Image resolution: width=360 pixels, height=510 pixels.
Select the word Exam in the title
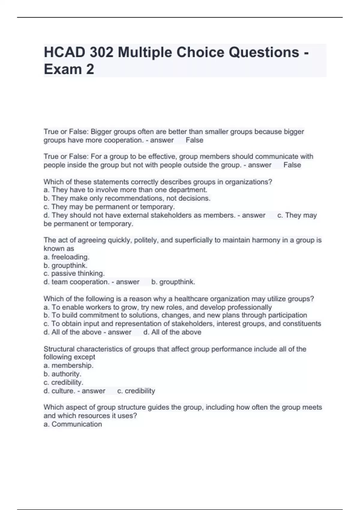(63, 69)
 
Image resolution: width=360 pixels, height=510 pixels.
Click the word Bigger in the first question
(101, 132)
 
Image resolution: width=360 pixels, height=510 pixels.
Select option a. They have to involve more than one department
(125, 190)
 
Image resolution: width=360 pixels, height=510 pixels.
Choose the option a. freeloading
(67, 257)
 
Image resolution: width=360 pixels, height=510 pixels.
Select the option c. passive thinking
(74, 274)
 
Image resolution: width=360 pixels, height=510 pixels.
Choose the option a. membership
(68, 365)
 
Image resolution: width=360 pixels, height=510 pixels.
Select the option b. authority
(62, 374)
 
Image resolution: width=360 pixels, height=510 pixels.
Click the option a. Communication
(73, 424)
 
